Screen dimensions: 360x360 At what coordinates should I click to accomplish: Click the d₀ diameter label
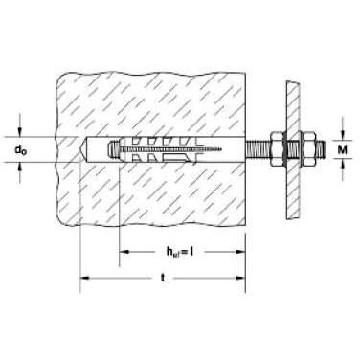21,149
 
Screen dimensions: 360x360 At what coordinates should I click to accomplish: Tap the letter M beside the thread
342,149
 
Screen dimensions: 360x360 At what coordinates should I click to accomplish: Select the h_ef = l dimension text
180,252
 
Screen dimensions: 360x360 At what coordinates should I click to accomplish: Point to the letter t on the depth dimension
163,278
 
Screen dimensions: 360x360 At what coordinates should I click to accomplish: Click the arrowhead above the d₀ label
20,133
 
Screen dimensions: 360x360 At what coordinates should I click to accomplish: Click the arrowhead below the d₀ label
20,167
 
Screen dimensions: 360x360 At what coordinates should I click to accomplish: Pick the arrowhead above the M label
343,136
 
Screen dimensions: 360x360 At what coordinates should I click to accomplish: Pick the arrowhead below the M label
343,163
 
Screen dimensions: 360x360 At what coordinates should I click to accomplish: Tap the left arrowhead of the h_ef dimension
124,252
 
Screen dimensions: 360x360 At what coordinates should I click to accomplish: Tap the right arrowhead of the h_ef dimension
240,252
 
